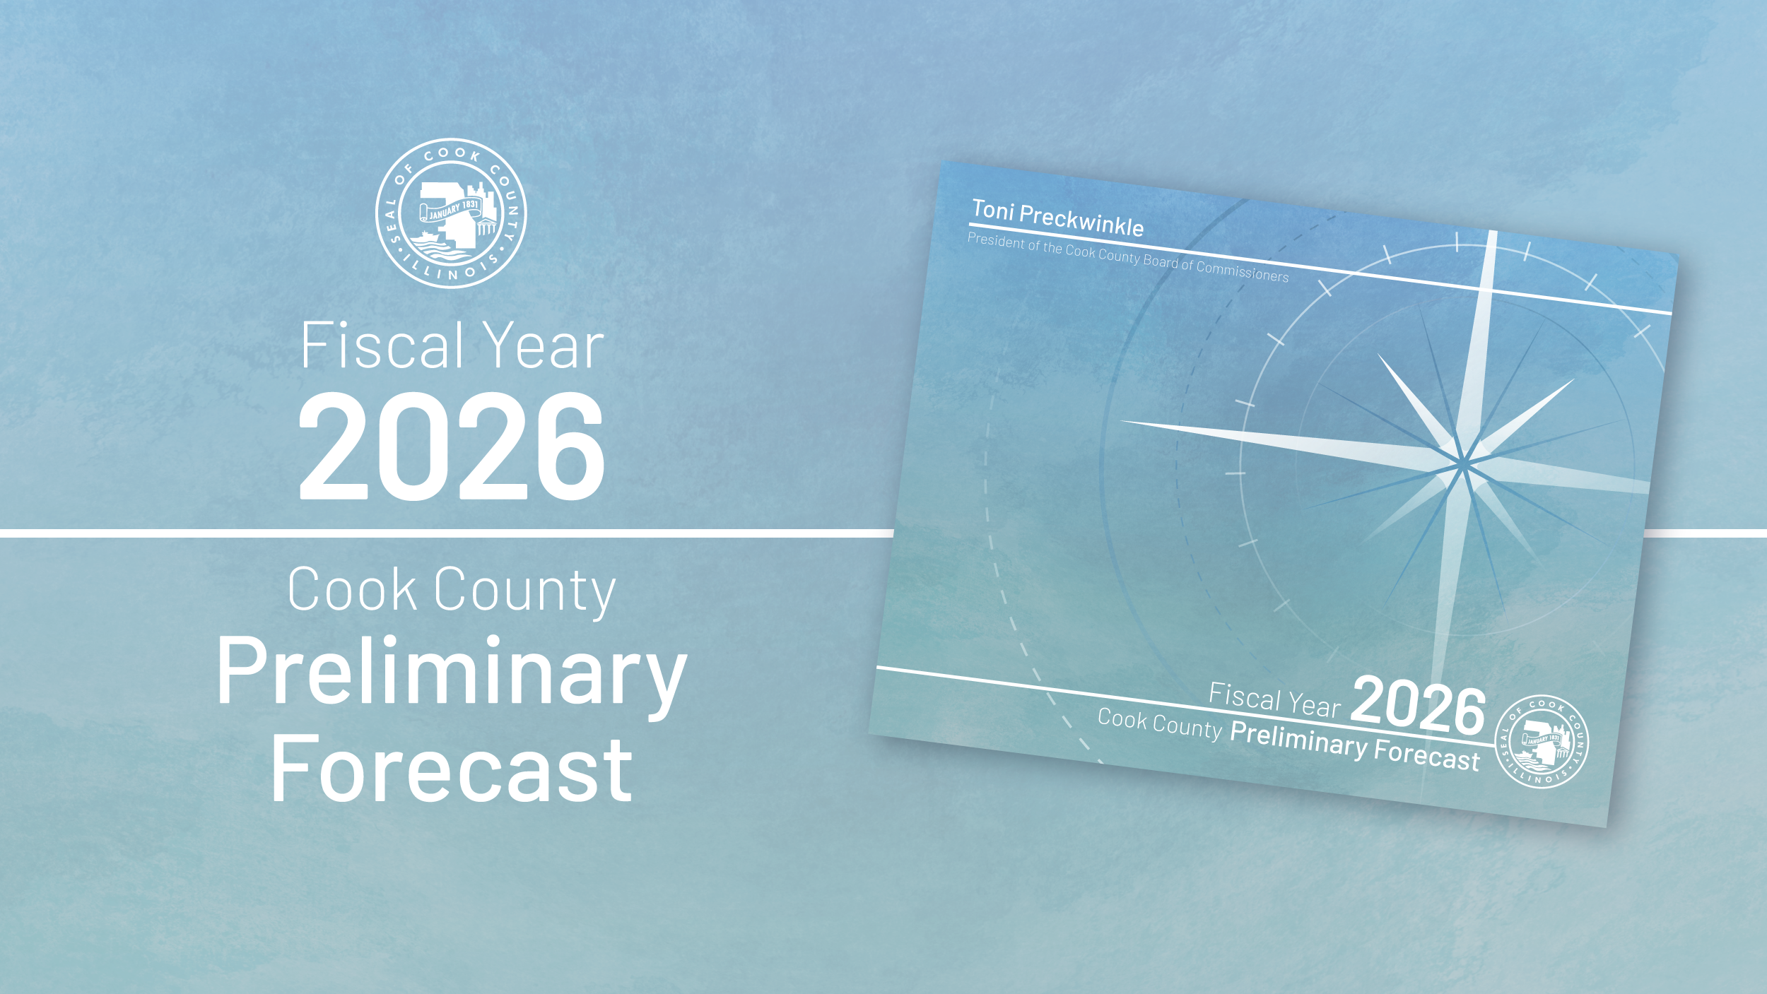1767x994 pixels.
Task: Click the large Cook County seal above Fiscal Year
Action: [451, 213]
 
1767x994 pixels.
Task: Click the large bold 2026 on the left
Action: [452, 446]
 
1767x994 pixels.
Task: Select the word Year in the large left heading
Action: [544, 345]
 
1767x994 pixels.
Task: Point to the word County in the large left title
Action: [525, 592]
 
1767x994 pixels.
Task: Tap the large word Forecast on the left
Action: [452, 769]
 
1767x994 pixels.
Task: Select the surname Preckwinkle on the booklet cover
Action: [1081, 220]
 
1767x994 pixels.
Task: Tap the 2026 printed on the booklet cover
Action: [1419, 706]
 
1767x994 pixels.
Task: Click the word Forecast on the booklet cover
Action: [1426, 755]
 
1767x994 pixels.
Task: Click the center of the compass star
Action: [1461, 463]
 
